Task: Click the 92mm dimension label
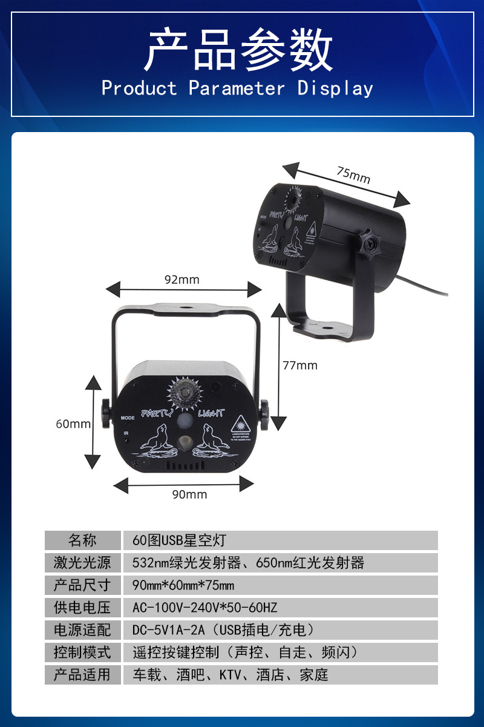[181, 279]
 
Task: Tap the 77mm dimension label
[300, 365]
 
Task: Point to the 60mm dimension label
[73, 423]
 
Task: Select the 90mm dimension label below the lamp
[189, 494]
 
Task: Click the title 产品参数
[238, 50]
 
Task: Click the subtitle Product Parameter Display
[237, 88]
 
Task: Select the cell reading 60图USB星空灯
[179, 540]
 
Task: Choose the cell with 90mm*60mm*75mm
[183, 585]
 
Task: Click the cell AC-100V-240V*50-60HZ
[204, 608]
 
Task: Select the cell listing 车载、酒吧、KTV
[230, 675]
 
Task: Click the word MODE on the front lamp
[128, 417]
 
